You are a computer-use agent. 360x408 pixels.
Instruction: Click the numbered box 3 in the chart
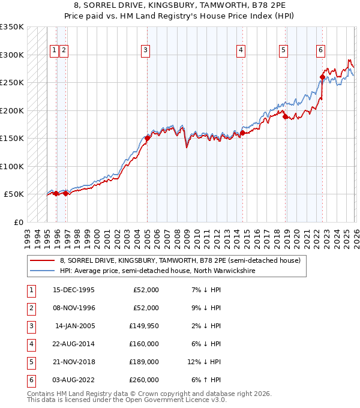pos(145,51)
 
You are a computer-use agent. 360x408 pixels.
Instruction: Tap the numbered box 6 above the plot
pos(321,51)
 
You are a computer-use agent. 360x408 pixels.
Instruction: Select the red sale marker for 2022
pos(322,77)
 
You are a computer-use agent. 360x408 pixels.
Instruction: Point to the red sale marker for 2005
pos(147,138)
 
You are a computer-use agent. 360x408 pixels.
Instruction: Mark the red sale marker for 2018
pos(286,116)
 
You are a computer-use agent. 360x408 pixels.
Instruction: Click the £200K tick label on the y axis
pos(12,110)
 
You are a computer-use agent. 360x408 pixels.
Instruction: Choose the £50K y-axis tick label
pos(14,194)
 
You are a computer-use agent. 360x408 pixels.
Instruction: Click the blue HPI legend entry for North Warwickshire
pos(157,271)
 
